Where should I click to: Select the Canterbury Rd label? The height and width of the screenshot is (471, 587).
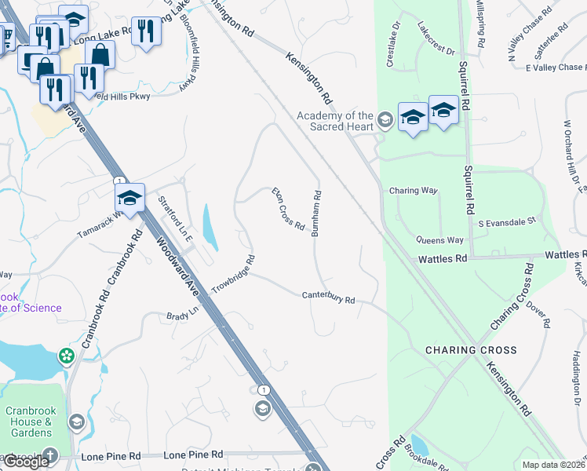329,298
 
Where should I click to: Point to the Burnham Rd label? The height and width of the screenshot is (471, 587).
317,213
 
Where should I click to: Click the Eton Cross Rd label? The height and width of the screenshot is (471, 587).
288,209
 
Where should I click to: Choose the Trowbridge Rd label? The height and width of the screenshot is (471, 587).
233,274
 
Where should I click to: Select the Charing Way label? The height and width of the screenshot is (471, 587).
413,191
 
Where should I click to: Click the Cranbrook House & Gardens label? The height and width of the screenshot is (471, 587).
29,422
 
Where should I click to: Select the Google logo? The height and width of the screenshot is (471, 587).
25,462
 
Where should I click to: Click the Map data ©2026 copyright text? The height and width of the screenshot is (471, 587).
553,465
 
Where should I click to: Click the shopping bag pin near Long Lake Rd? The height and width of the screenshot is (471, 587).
100,54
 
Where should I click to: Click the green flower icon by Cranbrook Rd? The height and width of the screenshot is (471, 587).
67,357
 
